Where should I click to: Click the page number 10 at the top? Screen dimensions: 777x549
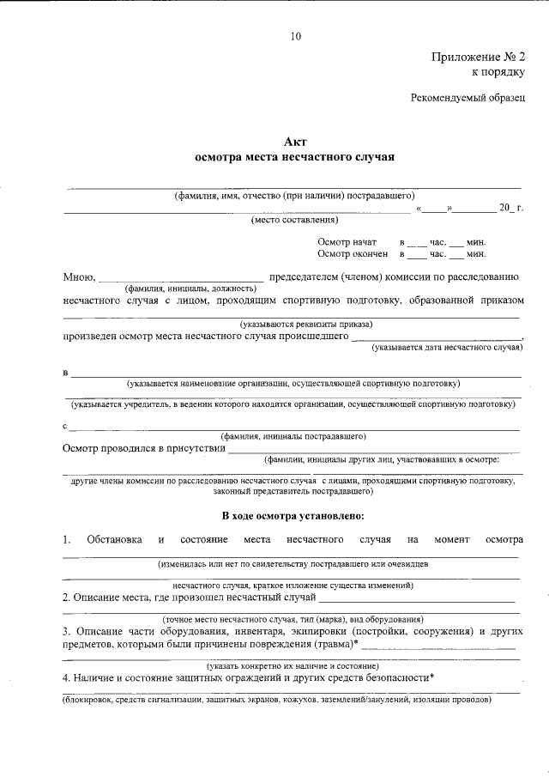(295, 36)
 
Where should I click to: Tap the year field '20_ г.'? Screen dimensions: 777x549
(511, 209)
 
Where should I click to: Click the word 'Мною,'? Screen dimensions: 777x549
(80, 277)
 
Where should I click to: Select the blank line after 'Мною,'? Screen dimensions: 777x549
(181, 278)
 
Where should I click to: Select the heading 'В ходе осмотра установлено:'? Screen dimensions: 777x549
(294, 516)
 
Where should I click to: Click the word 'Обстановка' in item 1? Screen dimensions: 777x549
(114, 539)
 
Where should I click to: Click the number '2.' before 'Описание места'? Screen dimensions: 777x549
(67, 598)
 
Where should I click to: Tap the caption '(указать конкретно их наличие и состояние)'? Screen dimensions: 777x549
(293, 666)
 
